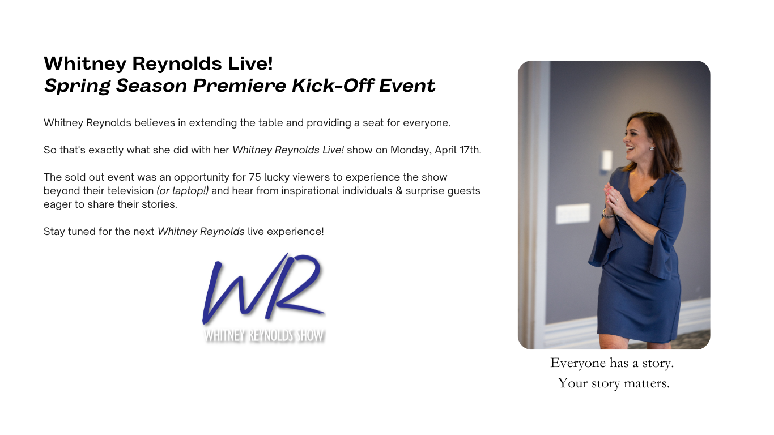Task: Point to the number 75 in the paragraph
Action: coord(254,177)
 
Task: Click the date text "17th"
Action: coord(470,150)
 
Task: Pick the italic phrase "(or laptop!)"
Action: coord(182,191)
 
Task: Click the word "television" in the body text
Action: coord(127,191)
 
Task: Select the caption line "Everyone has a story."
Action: coord(612,363)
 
